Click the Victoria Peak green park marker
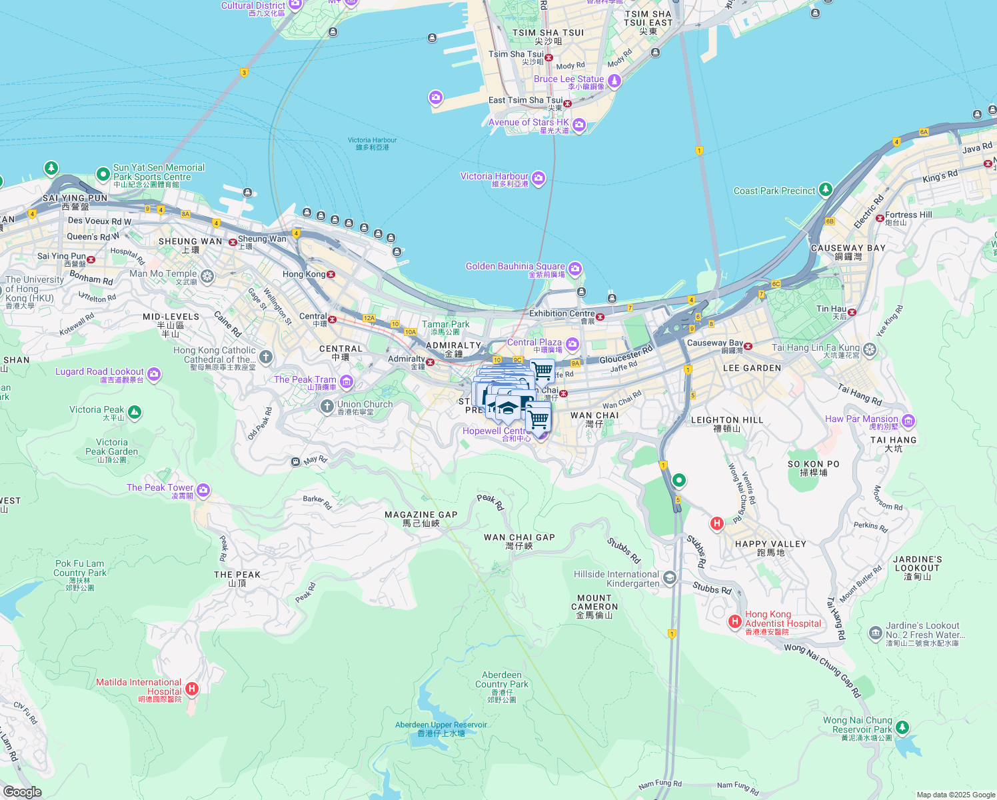click(134, 413)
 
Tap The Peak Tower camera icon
click(203, 491)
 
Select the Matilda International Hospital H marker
click(192, 688)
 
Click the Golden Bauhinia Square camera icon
click(575, 269)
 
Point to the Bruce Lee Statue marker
click(614, 81)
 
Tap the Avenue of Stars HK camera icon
click(579, 125)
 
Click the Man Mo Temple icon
click(207, 275)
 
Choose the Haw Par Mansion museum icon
click(908, 421)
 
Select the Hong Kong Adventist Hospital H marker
click(734, 621)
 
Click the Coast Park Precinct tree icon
click(826, 190)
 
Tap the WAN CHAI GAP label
click(519, 537)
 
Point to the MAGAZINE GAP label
click(421, 515)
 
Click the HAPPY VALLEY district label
click(770, 544)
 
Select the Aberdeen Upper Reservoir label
click(441, 725)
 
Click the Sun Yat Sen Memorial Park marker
click(103, 174)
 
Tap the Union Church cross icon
click(327, 406)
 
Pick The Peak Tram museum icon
click(347, 381)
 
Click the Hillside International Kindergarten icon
click(670, 577)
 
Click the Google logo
click(22, 792)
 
